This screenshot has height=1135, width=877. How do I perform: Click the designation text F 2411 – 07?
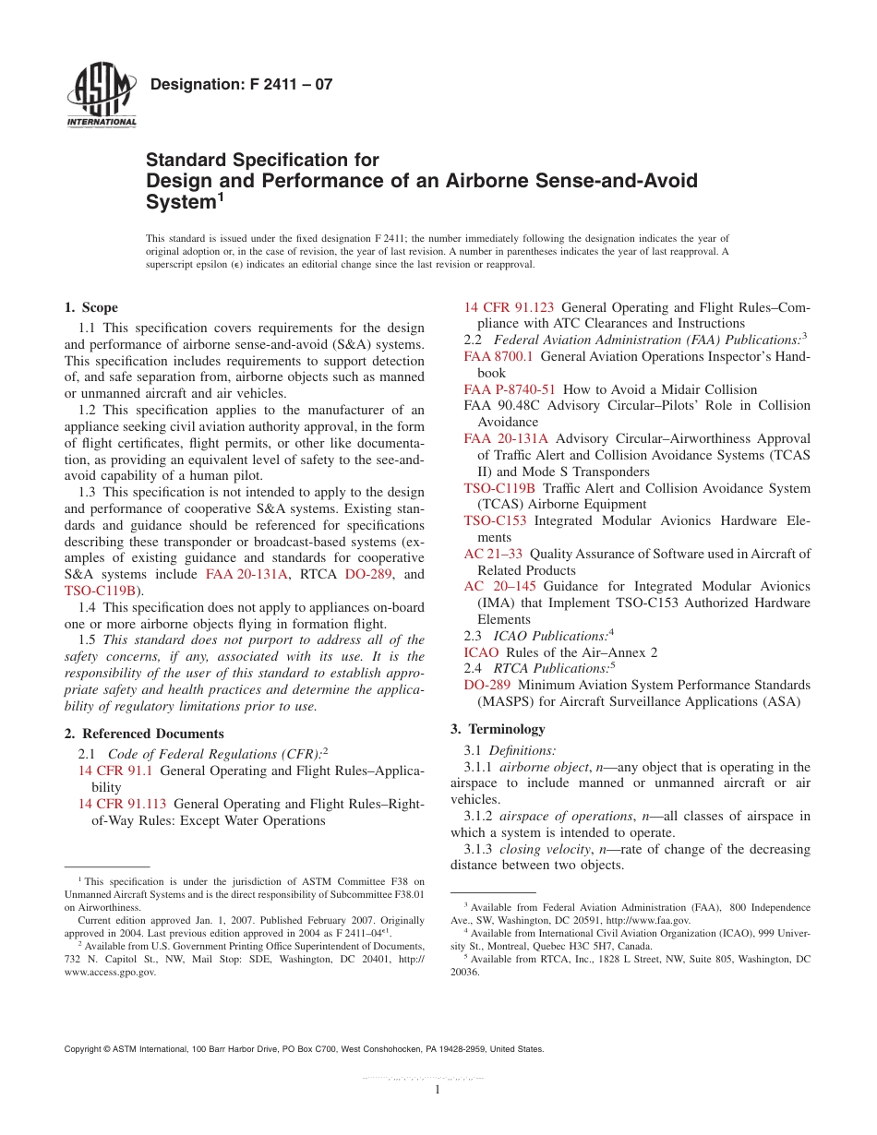click(241, 85)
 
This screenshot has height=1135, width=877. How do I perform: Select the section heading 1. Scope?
click(90, 308)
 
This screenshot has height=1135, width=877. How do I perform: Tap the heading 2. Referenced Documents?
click(144, 734)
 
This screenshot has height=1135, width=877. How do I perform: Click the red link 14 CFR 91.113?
click(123, 804)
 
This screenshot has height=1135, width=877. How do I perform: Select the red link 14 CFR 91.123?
click(509, 307)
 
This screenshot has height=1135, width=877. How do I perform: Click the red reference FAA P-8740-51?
click(510, 389)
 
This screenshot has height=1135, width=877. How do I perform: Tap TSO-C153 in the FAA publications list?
click(495, 520)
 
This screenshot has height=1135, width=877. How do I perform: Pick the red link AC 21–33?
click(493, 554)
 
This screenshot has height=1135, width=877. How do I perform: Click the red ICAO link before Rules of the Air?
click(481, 652)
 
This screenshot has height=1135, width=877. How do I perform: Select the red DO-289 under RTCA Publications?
click(487, 685)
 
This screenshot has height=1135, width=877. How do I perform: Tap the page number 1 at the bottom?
click(438, 1090)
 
